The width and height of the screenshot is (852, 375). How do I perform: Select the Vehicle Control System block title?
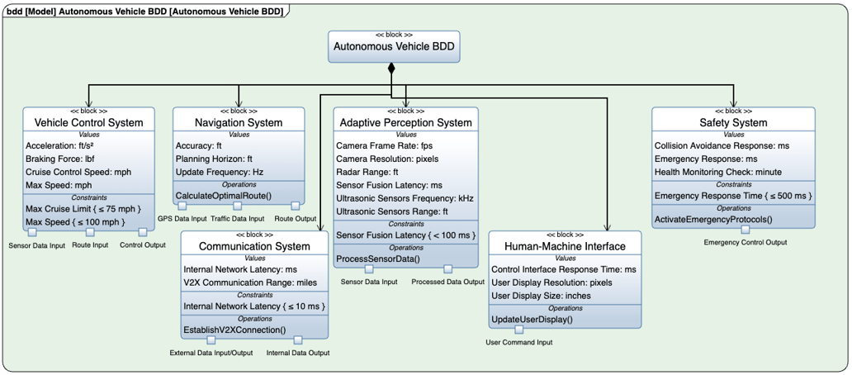tap(88, 122)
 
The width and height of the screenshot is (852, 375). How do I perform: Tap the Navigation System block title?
tap(239, 122)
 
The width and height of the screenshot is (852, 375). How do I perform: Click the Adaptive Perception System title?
tap(405, 122)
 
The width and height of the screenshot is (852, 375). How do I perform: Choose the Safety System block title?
tap(733, 122)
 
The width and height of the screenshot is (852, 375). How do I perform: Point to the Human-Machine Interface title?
tap(565, 245)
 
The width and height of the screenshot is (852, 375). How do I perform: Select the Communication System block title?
tap(254, 245)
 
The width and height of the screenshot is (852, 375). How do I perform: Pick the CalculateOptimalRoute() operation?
tap(223, 195)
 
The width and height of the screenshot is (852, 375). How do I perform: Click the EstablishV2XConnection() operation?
tap(234, 330)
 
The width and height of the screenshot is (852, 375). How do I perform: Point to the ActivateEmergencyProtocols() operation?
tap(712, 219)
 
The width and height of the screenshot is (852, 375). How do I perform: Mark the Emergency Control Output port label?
tap(745, 242)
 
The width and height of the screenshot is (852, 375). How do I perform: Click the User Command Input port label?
tap(519, 342)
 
